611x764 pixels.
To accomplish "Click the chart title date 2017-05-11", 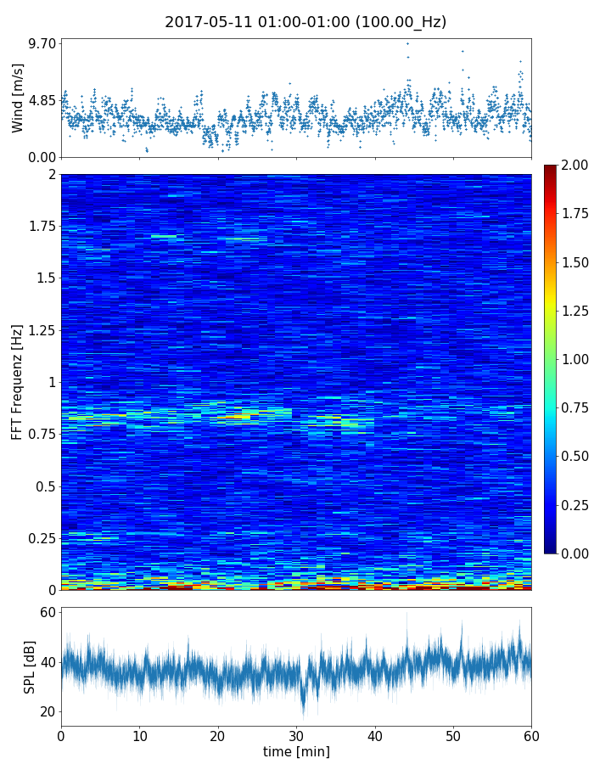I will pyautogui.click(x=203, y=22).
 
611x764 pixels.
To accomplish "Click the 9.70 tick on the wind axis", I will pyautogui.click(x=42, y=42).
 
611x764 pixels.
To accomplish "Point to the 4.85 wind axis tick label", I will pyautogui.click(x=42, y=100).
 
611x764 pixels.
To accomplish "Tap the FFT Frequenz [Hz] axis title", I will pyautogui.click(x=18, y=382).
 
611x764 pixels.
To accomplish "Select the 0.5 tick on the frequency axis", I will pyautogui.click(x=46, y=486).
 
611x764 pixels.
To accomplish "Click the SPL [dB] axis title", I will pyautogui.click(x=30, y=666).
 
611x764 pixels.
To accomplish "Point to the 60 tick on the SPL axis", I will pyautogui.click(x=48, y=613).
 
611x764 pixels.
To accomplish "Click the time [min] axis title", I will pyautogui.click(x=296, y=751).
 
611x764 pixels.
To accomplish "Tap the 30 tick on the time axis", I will pyautogui.click(x=296, y=734).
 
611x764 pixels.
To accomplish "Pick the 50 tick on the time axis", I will pyautogui.click(x=453, y=734).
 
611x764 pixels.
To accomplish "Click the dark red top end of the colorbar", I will pyautogui.click(x=551, y=168).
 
